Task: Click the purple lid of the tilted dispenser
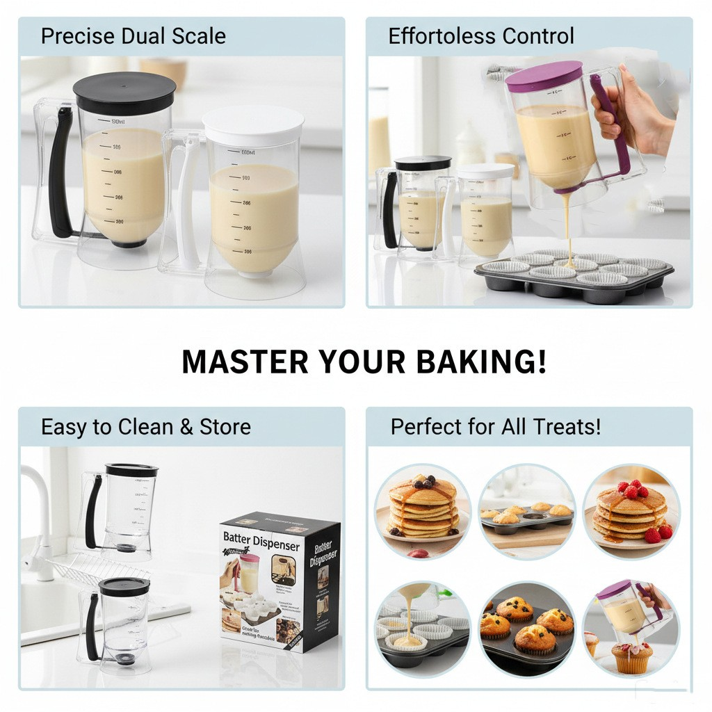pyautogui.click(x=544, y=76)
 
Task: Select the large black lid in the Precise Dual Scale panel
pyautogui.click(x=124, y=90)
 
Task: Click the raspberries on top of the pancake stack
pyautogui.click(x=632, y=489)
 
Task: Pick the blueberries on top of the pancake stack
pyautogui.click(x=422, y=481)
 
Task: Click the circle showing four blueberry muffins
pyautogui.click(x=526, y=628)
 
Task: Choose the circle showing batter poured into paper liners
pyautogui.click(x=423, y=628)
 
